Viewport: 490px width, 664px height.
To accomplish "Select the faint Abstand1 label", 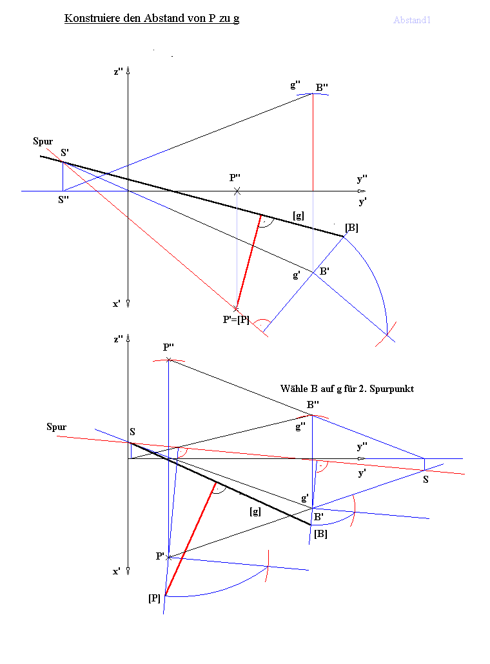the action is pos(411,20).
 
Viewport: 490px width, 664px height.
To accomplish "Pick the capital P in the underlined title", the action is pos(212,18).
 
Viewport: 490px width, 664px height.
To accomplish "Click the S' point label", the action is pos(64,152).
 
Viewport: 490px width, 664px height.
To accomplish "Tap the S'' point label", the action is pos(64,200).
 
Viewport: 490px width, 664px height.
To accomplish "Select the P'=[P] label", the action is pos(236,320).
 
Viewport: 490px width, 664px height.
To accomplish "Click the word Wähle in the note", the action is pos(295,388).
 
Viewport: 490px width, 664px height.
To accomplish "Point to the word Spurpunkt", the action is pos(392,389).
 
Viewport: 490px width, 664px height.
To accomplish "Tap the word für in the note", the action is pos(350,389).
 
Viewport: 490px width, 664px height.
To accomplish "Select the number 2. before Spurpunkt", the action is pos(362,389).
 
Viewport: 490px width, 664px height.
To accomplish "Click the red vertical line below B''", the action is pos(313,142).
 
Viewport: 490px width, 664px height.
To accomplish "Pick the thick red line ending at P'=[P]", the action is pos(248,262).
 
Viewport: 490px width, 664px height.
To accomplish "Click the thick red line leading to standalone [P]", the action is pos(191,539).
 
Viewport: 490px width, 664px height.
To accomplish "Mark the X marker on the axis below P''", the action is pos(237,191).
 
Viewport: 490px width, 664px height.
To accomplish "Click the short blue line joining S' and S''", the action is pos(63,177).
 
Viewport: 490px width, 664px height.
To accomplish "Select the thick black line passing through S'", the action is pos(192,196).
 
